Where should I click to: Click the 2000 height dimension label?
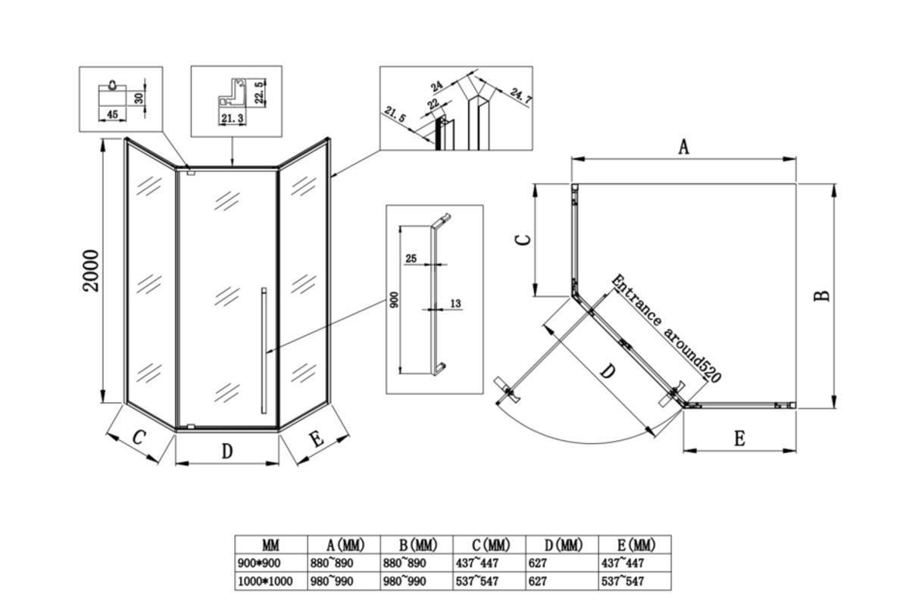coord(91,270)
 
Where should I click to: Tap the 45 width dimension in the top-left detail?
coord(112,114)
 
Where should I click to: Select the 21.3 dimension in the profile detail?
coord(233,118)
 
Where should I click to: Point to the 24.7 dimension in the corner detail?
coord(520,98)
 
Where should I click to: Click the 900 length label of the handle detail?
coord(394,299)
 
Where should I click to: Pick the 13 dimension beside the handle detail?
coord(456,303)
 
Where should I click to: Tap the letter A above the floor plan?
coord(684,147)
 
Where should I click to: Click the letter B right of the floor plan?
coord(822,295)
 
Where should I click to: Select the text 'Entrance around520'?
coord(666,329)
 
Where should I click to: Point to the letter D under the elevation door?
coord(227,451)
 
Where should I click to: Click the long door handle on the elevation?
coord(264,351)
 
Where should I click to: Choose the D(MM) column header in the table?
coord(564,545)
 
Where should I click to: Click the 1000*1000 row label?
coord(265,581)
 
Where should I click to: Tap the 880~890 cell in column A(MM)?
coord(332,563)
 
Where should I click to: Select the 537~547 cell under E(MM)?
coord(623,581)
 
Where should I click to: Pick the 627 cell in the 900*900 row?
coord(538,563)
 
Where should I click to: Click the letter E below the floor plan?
coord(739,439)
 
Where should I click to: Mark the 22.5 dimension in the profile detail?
coord(259,92)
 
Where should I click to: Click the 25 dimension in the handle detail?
coord(411,258)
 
